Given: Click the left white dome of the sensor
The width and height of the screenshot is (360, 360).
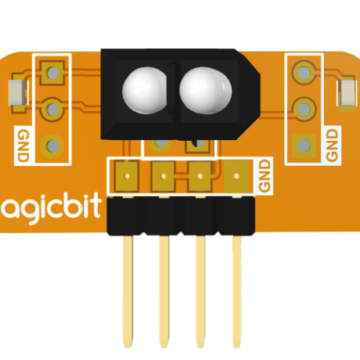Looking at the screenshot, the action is (x=145, y=90).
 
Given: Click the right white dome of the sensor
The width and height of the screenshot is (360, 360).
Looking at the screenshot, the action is (x=206, y=90).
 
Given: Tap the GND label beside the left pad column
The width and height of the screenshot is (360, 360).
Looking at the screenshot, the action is (x=23, y=146).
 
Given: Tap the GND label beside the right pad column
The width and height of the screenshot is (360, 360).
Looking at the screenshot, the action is (x=332, y=145).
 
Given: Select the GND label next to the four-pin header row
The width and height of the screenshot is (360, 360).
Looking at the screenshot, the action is (x=265, y=176).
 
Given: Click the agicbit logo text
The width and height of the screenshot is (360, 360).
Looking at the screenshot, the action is (x=51, y=209).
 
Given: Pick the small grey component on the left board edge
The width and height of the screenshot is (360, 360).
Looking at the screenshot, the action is (x=17, y=92).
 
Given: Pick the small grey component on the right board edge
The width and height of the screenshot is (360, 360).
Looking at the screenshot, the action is (x=347, y=92).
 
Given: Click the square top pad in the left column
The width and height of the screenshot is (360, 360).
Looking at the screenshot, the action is (x=52, y=73).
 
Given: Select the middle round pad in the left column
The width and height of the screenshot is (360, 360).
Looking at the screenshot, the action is (x=52, y=110).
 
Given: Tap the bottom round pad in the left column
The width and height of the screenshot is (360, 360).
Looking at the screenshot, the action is (x=52, y=146).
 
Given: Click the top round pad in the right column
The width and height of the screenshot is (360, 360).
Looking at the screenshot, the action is (x=304, y=73).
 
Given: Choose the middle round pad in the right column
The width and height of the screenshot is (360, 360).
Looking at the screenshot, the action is (x=304, y=109).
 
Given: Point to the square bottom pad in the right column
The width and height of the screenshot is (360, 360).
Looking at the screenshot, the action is (x=304, y=146).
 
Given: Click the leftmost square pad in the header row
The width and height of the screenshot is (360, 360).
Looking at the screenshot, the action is (x=127, y=176).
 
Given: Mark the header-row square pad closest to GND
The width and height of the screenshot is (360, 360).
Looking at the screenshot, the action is (x=236, y=176).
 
